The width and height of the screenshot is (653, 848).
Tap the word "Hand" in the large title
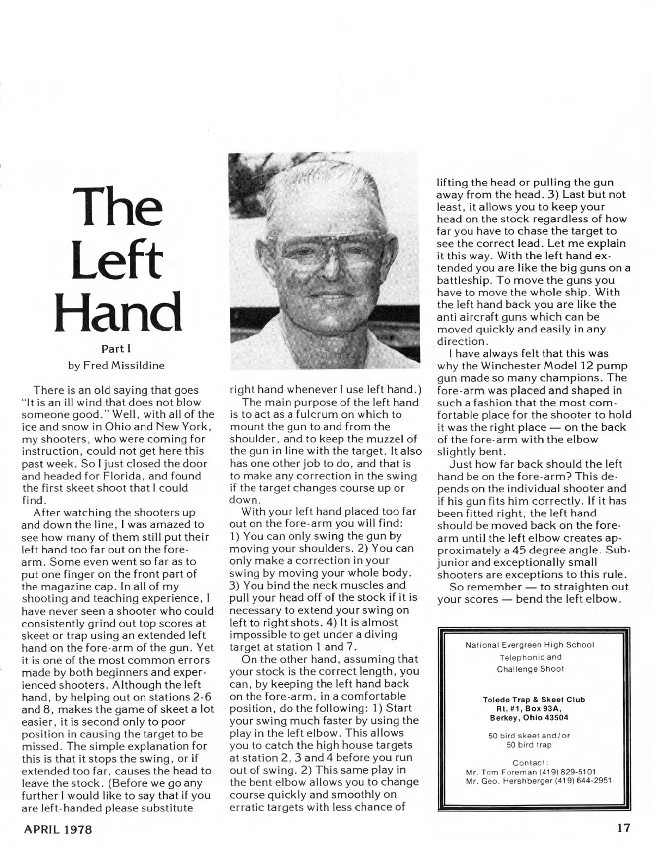(x=118, y=311)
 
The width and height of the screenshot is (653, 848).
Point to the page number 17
(x=624, y=828)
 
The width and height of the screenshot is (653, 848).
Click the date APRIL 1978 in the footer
(x=58, y=830)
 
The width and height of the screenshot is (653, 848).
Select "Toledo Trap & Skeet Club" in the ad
(x=533, y=700)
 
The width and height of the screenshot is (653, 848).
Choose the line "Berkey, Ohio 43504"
(x=533, y=717)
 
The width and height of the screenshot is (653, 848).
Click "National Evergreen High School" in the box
(x=529, y=645)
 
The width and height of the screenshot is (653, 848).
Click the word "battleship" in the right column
(x=461, y=280)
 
